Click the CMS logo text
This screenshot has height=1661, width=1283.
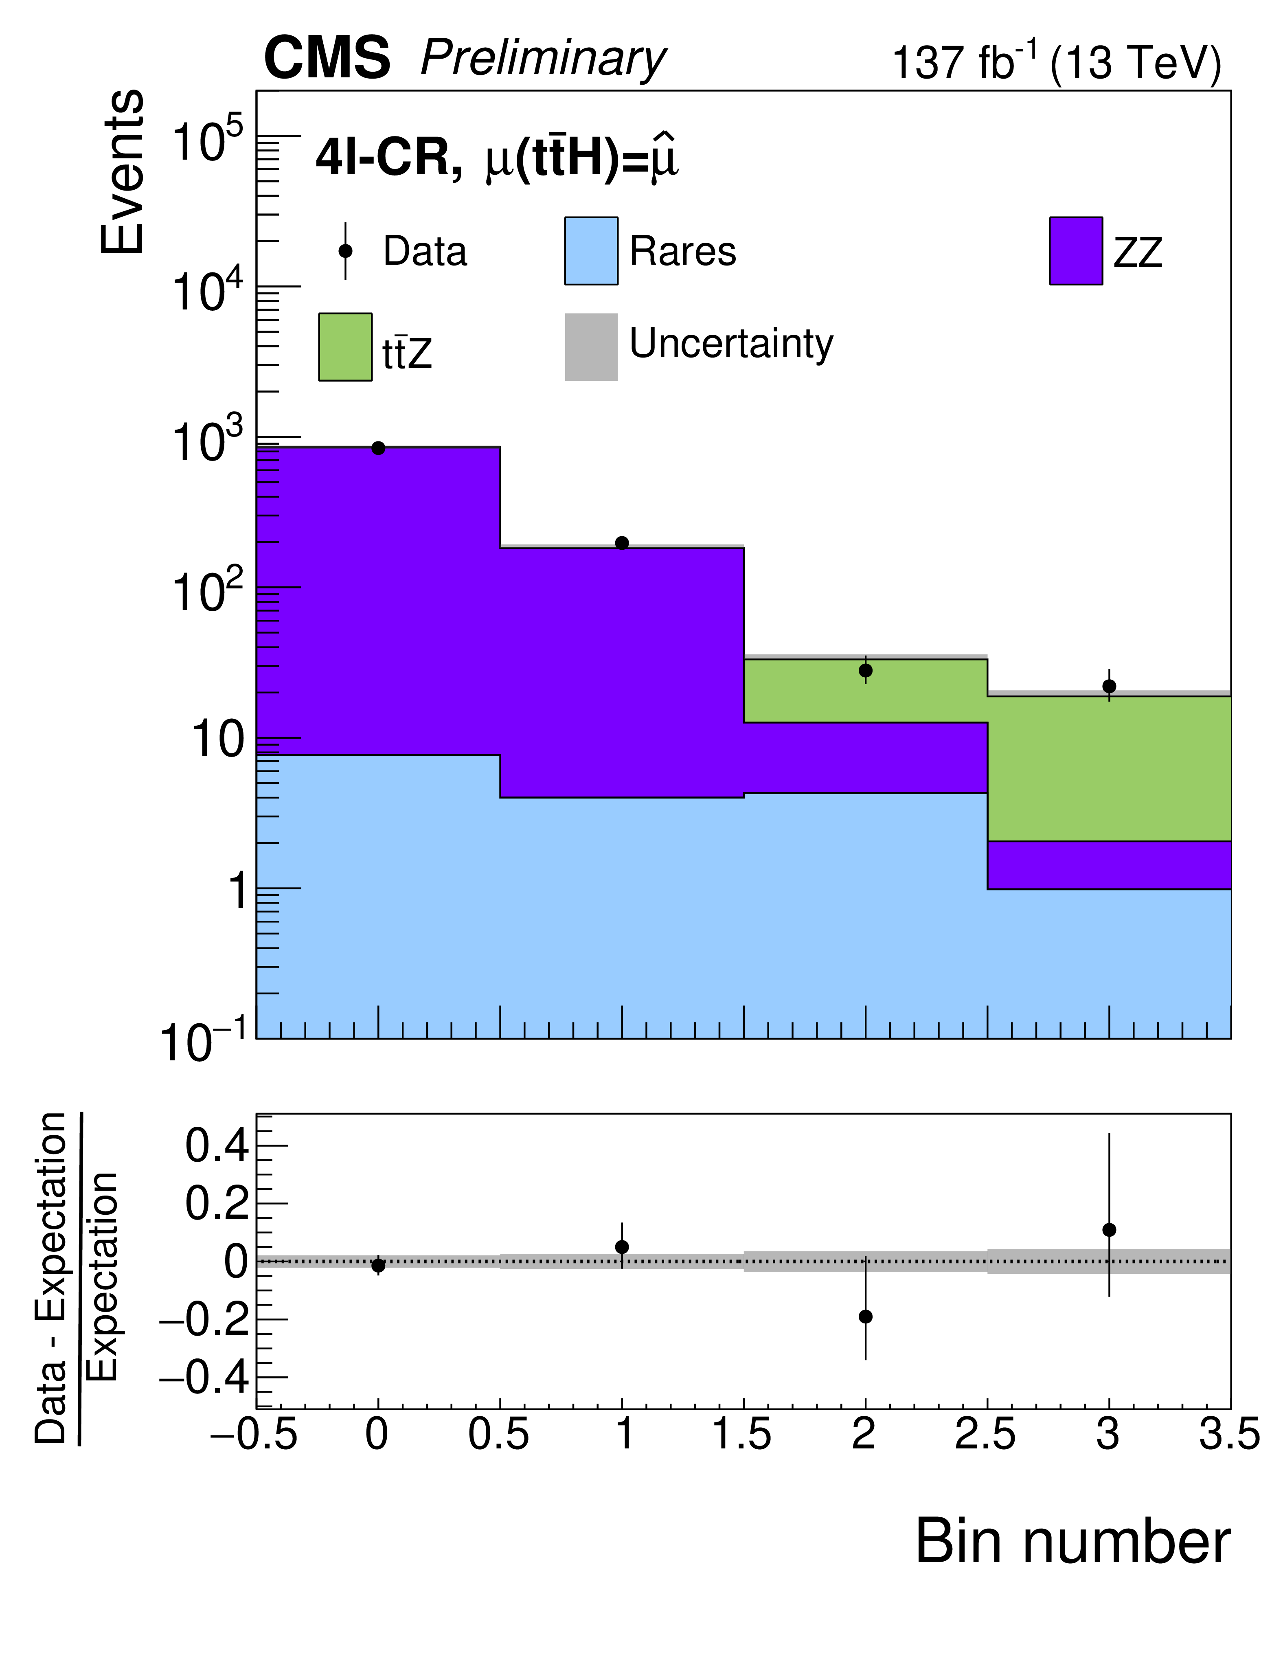(327, 59)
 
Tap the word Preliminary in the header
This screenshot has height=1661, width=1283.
(543, 59)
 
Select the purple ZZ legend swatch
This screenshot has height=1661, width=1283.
(1075, 251)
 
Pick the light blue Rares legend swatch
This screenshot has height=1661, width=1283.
(591, 251)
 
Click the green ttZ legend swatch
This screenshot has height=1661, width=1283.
(345, 347)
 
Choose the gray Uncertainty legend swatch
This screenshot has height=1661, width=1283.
(591, 347)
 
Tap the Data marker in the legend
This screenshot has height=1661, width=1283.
(345, 251)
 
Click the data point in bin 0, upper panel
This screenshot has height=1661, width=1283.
(378, 448)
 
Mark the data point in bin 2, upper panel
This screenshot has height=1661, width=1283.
(866, 671)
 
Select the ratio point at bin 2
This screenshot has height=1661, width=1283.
(866, 1317)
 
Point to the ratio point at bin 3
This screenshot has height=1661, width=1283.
(1109, 1230)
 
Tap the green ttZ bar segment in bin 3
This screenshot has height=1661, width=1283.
(1109, 768)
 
